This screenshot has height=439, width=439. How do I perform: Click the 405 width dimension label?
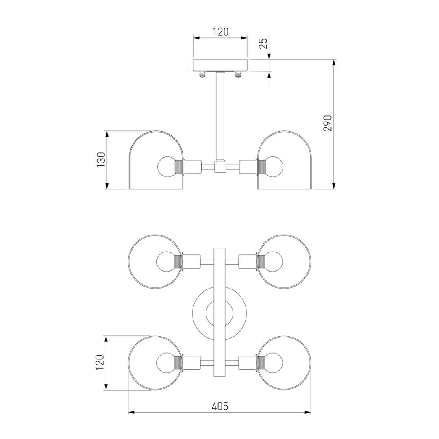[219, 406]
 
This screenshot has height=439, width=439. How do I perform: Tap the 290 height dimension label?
[327, 123]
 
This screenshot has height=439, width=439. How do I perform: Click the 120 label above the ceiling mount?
[220, 32]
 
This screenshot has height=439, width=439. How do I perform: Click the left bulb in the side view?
[167, 167]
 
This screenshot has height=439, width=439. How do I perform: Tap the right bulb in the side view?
[273, 167]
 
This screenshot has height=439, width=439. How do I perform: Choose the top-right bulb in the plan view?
[273, 262]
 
